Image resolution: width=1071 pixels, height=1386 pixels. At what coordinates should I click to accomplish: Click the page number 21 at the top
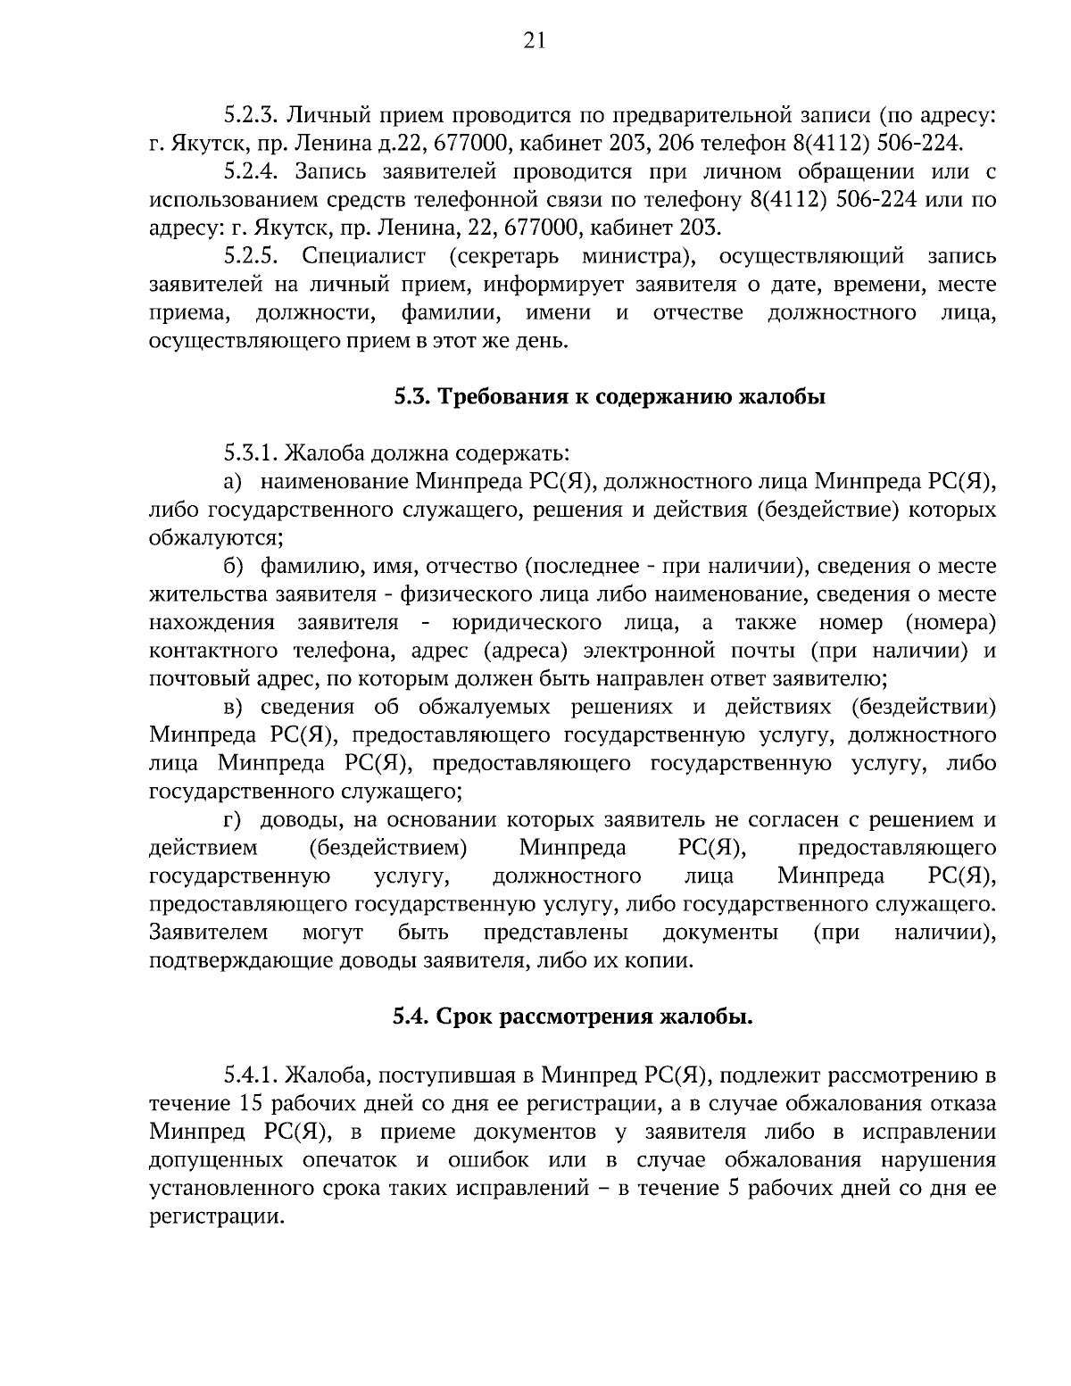(535, 40)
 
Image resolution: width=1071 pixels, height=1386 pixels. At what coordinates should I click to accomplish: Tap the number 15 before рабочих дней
(252, 1102)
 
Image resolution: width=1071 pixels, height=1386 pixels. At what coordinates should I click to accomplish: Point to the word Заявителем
(208, 933)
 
